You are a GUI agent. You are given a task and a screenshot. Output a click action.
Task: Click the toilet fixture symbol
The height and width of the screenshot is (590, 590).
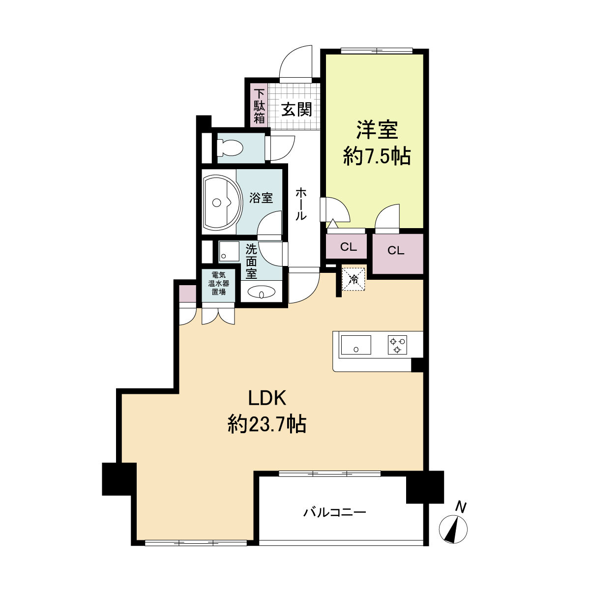[x=230, y=147]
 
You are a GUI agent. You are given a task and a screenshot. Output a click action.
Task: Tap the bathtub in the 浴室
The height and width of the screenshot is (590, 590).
[x=220, y=202]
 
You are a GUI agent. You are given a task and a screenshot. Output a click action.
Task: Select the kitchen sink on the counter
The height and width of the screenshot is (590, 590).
[x=356, y=345]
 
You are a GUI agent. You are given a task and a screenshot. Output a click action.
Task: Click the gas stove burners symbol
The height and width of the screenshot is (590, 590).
[x=397, y=345]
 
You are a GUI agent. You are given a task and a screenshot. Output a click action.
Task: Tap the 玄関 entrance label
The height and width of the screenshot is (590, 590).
[x=296, y=109]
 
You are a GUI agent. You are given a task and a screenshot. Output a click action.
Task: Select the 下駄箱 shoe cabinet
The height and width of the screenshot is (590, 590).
[x=259, y=106]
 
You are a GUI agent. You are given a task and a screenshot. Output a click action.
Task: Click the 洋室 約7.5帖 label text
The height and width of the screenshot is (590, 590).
[x=377, y=143]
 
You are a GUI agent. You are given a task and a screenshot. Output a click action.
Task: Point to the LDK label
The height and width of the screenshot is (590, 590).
[x=267, y=398]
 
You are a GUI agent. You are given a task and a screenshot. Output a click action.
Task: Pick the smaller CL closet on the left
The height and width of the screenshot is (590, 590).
[x=348, y=246]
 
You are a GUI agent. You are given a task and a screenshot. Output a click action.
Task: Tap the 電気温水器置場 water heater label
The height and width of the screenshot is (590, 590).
[x=219, y=283]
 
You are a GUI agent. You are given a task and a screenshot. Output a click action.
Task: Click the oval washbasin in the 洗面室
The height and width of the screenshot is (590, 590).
[x=262, y=294]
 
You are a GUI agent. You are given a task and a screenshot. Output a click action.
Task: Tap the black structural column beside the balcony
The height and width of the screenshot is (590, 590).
[x=424, y=487]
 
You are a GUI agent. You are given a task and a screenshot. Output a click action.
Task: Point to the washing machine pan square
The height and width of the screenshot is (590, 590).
[x=228, y=251]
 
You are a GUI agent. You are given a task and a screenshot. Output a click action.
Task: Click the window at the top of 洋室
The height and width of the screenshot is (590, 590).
[x=377, y=50]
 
